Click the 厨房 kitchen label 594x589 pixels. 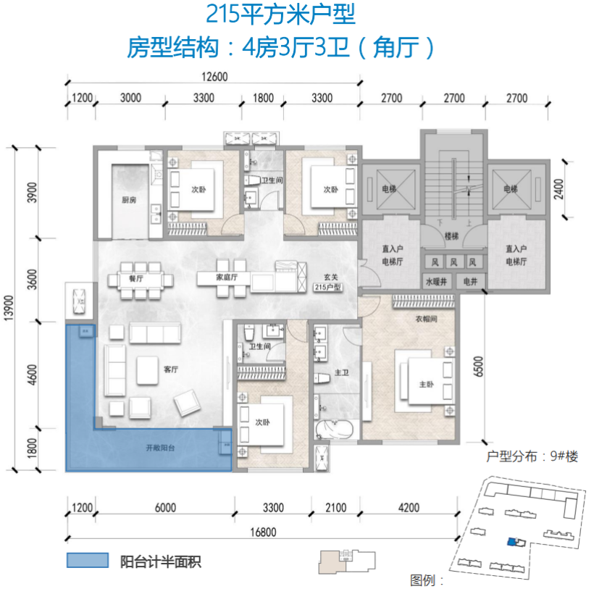(x=129, y=200)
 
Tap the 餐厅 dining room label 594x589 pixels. (x=136, y=279)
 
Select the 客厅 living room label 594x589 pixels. (x=171, y=369)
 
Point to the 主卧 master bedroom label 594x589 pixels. (x=426, y=385)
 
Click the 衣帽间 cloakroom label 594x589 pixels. (x=426, y=319)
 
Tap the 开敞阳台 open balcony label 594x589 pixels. (x=160, y=448)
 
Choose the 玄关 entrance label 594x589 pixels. (x=331, y=277)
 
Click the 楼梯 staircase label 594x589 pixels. (x=451, y=236)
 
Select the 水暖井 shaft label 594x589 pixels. (x=436, y=282)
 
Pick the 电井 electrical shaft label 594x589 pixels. (x=470, y=282)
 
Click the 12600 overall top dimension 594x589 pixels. (x=214, y=77)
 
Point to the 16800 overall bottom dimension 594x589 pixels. (x=263, y=532)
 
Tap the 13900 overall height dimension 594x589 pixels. (x=9, y=308)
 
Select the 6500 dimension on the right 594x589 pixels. (x=479, y=367)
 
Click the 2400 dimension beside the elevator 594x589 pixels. (x=559, y=189)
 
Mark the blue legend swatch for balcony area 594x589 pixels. (x=88, y=560)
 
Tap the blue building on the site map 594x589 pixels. (x=512, y=542)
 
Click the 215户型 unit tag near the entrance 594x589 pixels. (x=327, y=288)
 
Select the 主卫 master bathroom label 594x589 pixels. (x=341, y=372)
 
